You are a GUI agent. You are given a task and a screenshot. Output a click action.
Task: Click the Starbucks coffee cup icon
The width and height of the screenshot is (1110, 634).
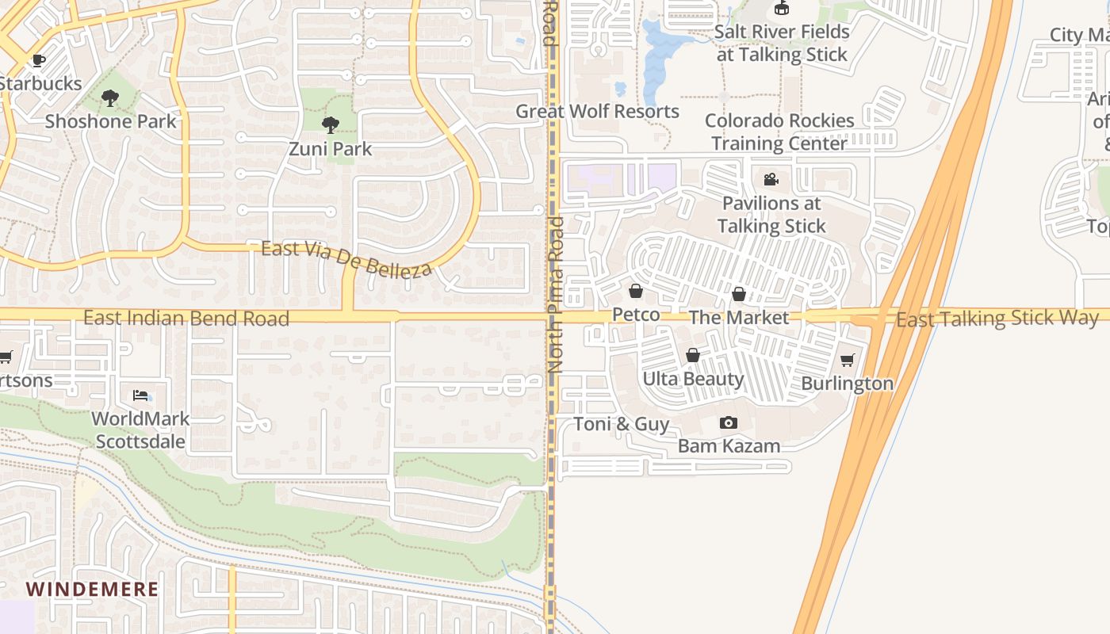tap(38, 60)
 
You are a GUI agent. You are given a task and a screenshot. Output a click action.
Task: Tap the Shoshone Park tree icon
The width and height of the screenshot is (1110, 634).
tap(110, 98)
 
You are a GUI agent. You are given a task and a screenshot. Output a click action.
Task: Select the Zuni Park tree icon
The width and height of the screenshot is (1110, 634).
tap(330, 124)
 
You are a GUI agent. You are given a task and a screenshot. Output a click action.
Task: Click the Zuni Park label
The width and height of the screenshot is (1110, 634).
tap(330, 148)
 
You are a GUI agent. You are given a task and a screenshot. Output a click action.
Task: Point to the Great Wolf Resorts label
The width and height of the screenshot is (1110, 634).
tap(597, 111)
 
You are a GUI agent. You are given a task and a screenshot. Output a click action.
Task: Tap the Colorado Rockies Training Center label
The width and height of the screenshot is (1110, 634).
tap(779, 132)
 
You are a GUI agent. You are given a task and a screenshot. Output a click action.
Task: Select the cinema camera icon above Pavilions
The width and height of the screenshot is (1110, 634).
tap(771, 180)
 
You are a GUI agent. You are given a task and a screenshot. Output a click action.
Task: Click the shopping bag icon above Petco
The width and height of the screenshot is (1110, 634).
tap(635, 292)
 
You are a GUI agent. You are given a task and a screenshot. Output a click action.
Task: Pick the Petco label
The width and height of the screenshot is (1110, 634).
tap(636, 315)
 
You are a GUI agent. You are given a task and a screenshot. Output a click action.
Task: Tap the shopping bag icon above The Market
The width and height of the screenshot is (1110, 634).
tap(739, 295)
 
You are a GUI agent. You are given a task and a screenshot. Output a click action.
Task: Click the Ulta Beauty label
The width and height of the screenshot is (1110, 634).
tap(693, 379)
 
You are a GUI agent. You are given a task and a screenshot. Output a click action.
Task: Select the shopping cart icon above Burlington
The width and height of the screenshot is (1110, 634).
tap(847, 361)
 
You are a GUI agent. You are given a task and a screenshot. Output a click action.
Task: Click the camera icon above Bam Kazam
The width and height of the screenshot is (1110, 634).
tap(729, 423)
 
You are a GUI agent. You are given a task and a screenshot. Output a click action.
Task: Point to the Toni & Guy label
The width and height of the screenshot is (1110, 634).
tap(621, 424)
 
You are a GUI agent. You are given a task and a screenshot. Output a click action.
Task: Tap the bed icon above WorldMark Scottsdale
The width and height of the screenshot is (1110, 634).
tap(140, 395)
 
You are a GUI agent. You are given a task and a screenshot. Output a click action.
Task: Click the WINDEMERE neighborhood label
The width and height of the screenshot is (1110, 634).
tap(92, 590)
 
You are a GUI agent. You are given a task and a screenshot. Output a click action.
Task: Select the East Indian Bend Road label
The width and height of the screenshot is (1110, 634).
tap(186, 319)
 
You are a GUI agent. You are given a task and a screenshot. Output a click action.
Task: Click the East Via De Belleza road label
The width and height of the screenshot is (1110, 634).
tap(347, 258)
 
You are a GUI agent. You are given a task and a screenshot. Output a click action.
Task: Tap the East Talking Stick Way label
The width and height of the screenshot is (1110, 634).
tap(997, 319)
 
